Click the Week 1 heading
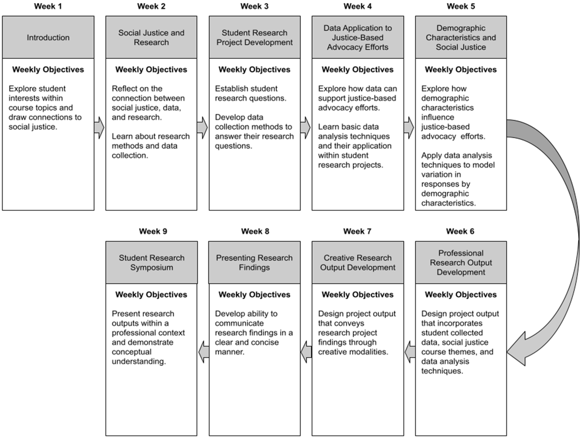[48, 6]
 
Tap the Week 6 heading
[460, 231]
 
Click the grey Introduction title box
[48, 37]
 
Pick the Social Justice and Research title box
[151, 37]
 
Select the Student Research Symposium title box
[152, 262]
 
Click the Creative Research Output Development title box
[358, 262]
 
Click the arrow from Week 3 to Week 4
[306, 128]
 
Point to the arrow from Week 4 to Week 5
[409, 128]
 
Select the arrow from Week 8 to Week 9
[204, 352]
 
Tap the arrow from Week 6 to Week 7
[410, 352]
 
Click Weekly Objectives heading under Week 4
[358, 70]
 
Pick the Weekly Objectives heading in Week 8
[254, 295]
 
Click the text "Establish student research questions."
[250, 93]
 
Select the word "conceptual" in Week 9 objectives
[131, 352]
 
